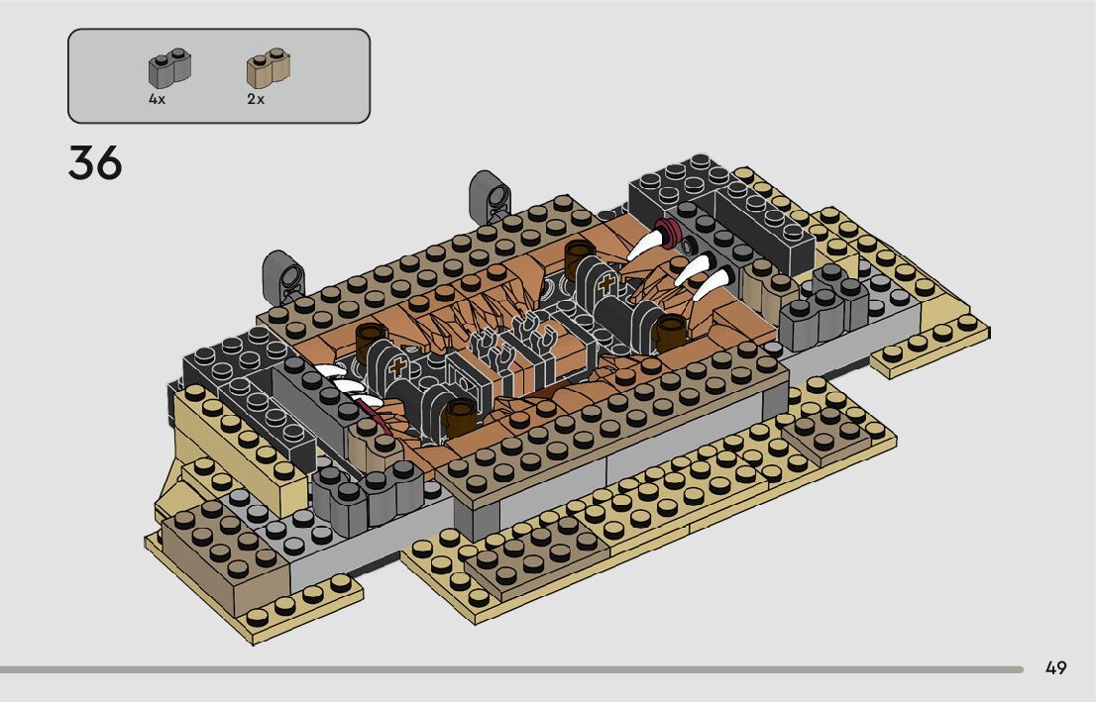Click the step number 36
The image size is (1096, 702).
coord(95,162)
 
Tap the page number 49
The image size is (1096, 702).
coord(1055,667)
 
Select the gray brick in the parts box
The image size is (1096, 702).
coord(169,68)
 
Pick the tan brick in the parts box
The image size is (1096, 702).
coord(269,68)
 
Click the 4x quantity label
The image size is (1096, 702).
coord(158,99)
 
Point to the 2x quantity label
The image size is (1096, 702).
coord(256,99)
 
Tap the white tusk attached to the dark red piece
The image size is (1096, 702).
coord(646,245)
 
